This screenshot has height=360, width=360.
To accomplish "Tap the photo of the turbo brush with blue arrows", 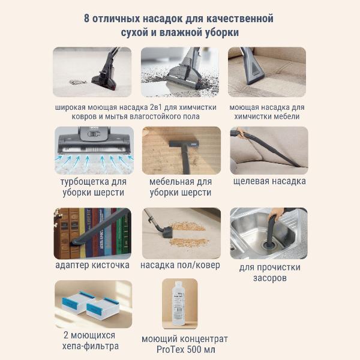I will point(93,149).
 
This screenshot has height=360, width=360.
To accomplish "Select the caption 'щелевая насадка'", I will point(269,181).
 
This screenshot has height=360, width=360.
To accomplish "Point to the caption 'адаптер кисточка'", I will point(92,265).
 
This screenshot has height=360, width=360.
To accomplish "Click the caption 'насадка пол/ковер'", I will point(180,265).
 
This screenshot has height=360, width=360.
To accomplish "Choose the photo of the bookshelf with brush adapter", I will point(92,233).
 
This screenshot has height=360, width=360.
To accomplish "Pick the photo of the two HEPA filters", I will point(93,304).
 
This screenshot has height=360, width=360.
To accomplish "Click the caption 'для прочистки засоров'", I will point(269,272).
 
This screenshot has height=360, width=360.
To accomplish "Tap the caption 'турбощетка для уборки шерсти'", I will point(93,187).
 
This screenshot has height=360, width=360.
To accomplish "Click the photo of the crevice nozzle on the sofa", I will point(269,150).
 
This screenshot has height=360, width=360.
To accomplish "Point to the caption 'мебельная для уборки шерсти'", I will point(180,187).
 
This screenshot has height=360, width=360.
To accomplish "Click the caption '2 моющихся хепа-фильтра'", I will point(92,340).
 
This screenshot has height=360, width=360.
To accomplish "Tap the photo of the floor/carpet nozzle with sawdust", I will point(181,233).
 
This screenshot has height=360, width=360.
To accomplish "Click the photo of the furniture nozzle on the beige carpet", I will point(181,150).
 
